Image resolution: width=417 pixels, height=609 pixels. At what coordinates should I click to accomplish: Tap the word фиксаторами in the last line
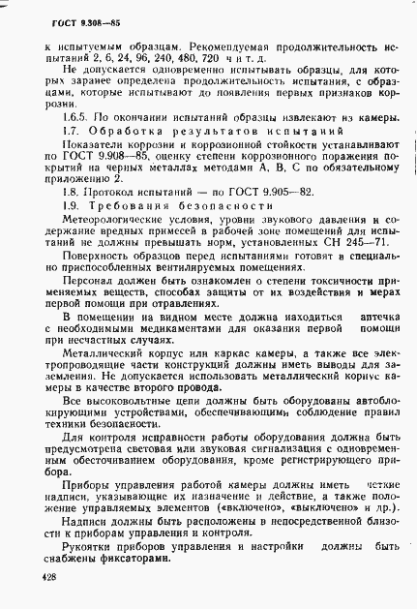tap(129, 555)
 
